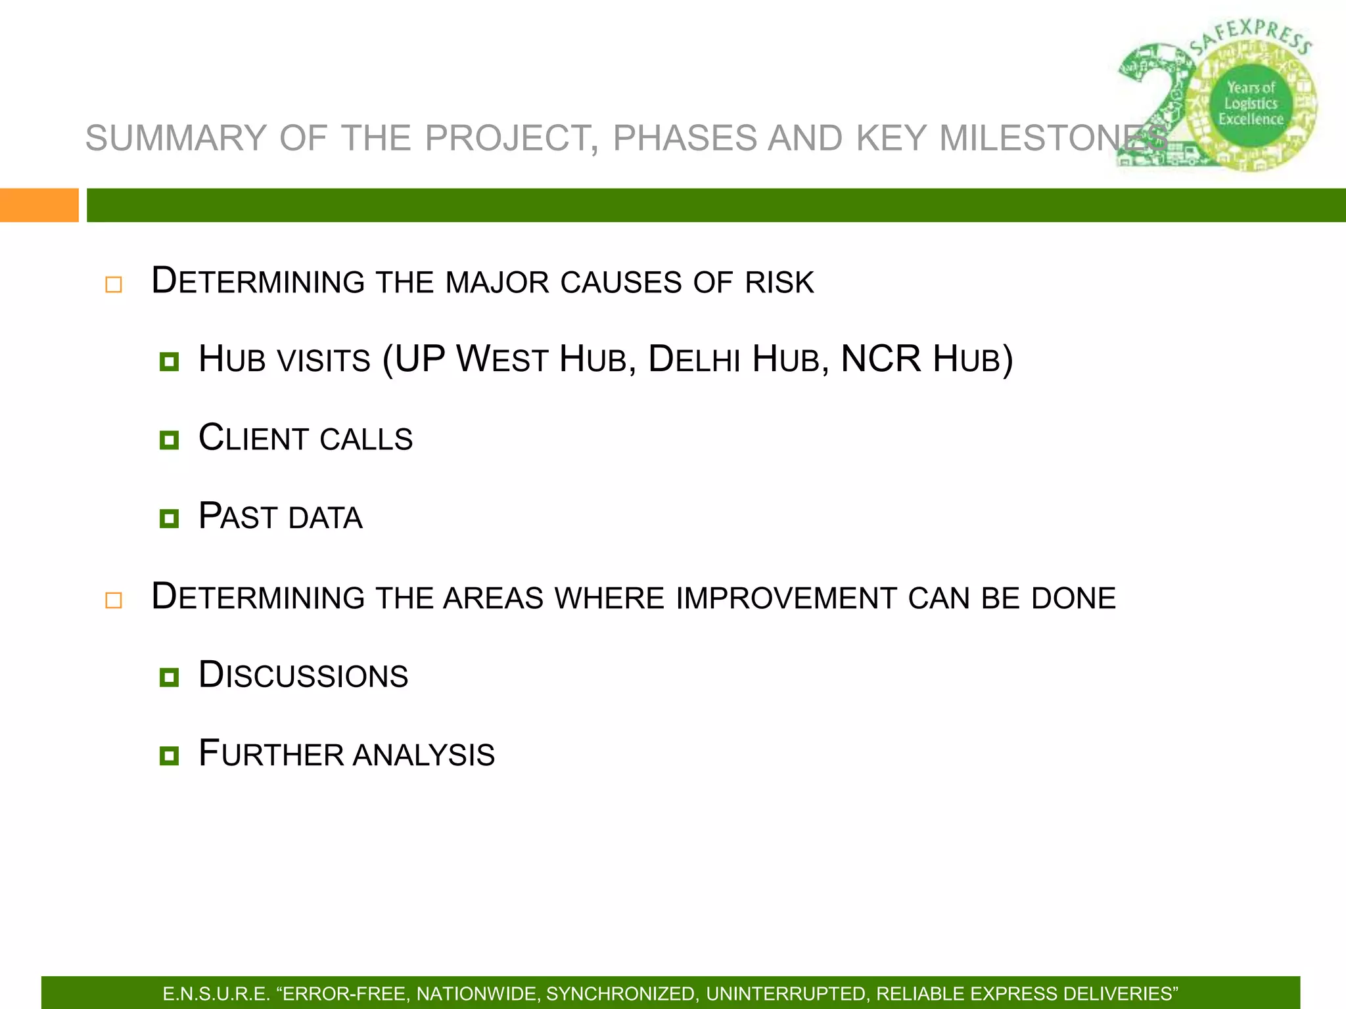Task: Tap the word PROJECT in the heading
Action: (x=511, y=139)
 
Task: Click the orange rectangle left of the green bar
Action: (x=39, y=205)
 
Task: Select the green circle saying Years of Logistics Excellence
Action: (x=1251, y=104)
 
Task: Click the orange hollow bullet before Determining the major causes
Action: (x=114, y=284)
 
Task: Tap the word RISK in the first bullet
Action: (x=779, y=282)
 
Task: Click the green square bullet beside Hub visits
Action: (x=169, y=361)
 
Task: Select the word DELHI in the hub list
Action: (x=694, y=360)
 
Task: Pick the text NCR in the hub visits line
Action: (x=881, y=359)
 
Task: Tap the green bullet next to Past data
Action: (x=169, y=518)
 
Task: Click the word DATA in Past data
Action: (x=325, y=518)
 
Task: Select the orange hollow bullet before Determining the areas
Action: (x=114, y=600)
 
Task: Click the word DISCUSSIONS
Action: (x=304, y=676)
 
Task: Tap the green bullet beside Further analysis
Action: (x=169, y=755)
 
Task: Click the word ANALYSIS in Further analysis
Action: (x=424, y=755)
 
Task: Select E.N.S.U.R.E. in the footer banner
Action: (x=216, y=994)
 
